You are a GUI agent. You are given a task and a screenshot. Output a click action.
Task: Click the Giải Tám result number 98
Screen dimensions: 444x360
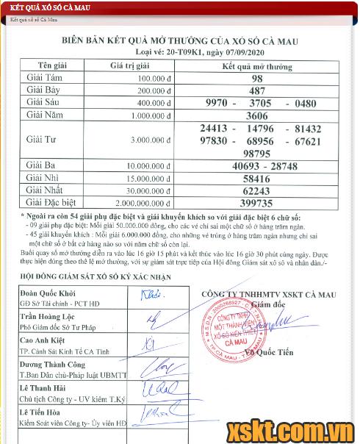point(256,79)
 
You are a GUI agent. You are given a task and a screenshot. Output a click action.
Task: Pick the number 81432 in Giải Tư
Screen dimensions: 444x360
point(308,129)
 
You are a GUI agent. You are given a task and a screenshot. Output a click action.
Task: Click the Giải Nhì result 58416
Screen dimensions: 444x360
point(256,179)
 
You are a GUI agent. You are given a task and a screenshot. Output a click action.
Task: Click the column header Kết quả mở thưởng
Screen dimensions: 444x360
point(256,65)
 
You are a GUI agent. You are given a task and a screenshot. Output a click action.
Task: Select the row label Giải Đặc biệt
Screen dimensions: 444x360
point(54,201)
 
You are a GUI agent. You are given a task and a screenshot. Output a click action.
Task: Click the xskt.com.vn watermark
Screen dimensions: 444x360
point(294,429)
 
